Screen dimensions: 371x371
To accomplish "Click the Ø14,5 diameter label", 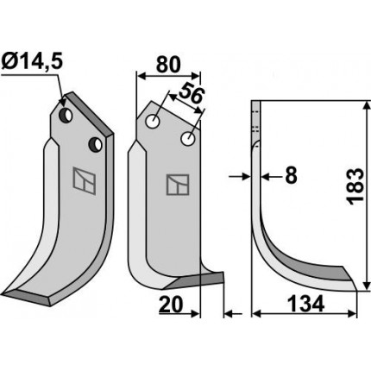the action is tap(32, 62).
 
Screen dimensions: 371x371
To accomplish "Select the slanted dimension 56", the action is tap(191, 92).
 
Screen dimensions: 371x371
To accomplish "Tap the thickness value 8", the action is tap(291, 175).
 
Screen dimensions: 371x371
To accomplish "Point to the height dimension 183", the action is tap(355, 186).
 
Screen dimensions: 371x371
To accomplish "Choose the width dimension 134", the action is tap(305, 305).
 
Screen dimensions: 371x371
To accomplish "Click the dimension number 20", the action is tap(171, 305).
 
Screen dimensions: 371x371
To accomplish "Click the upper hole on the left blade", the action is tap(66, 115).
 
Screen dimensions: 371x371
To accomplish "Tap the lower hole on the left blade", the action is tap(95, 144).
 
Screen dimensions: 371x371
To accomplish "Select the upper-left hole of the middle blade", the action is tap(153, 122).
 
